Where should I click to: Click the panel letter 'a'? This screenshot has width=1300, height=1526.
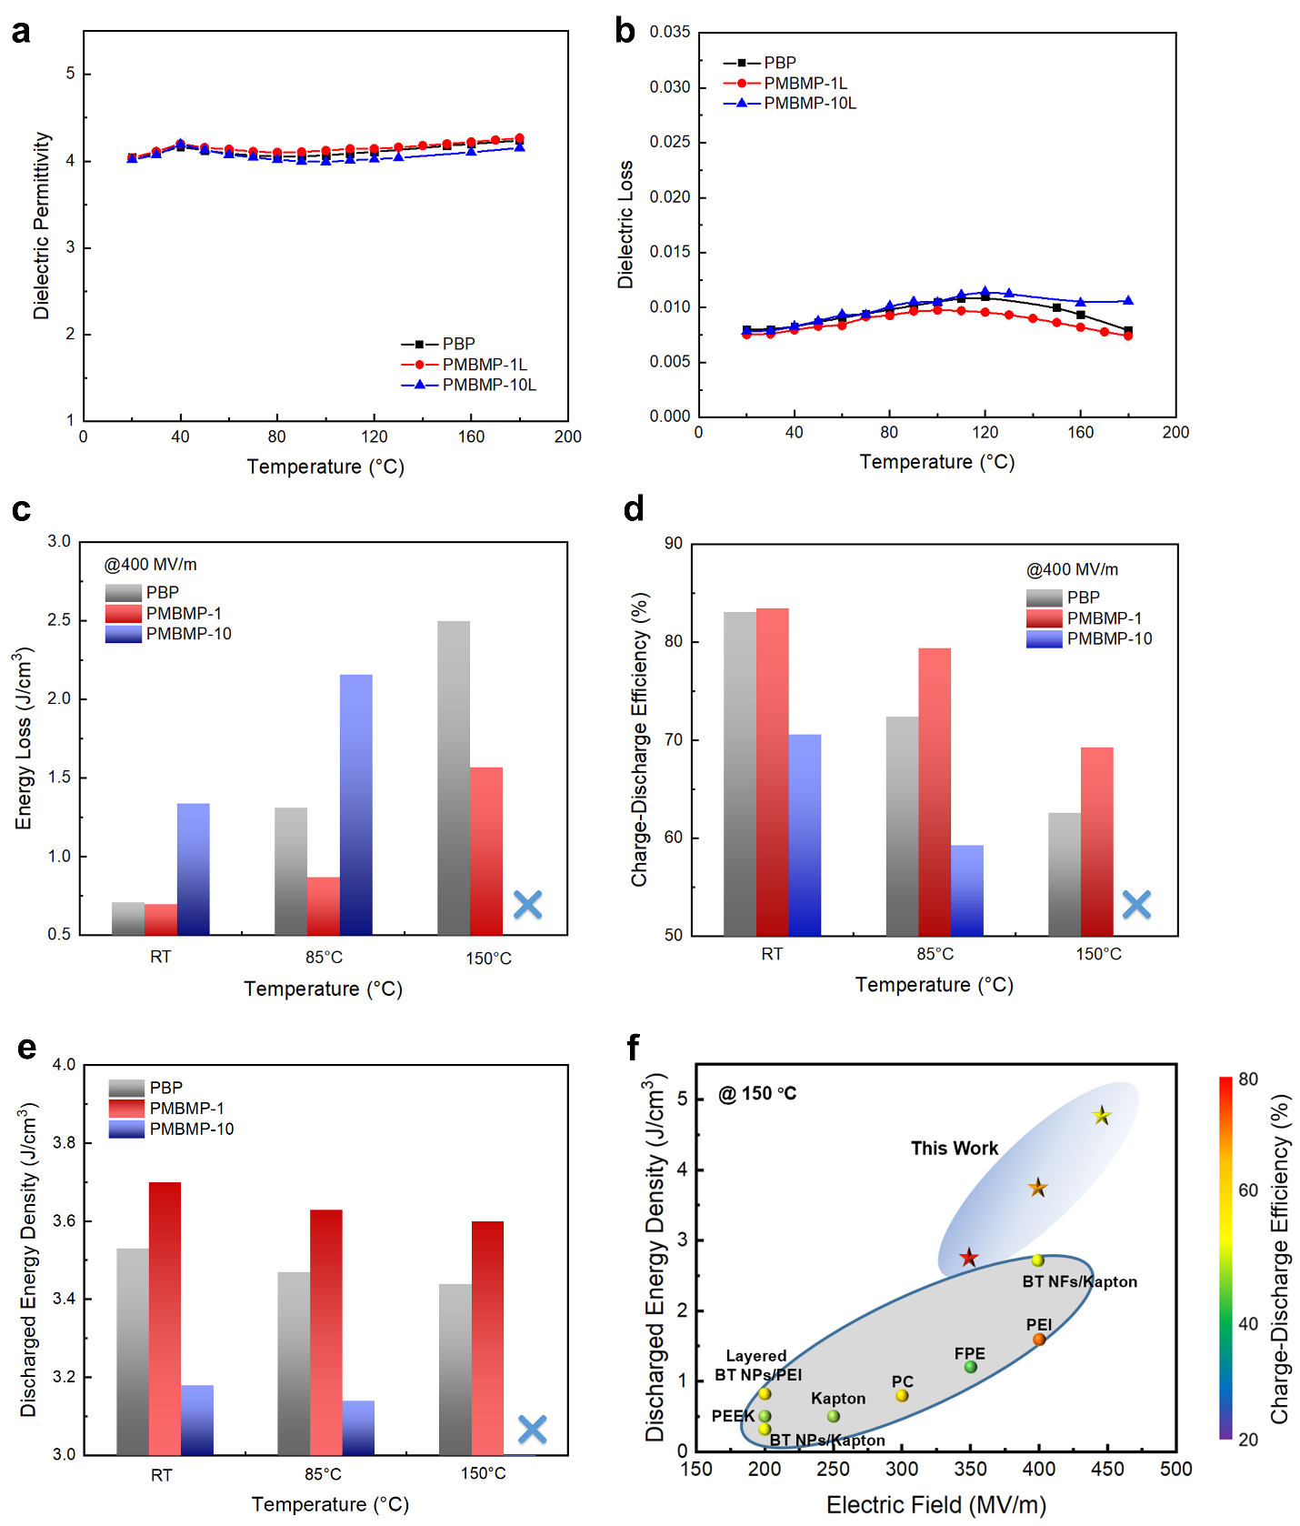[x=20, y=32]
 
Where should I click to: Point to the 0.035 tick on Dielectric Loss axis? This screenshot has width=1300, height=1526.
[x=670, y=33]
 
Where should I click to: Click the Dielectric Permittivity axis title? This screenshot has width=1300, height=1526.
[x=41, y=226]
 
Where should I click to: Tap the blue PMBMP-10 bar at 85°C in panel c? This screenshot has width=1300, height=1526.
[x=355, y=804]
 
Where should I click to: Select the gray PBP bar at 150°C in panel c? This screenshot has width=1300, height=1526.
[x=454, y=778]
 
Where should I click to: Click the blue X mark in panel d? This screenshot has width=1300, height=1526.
[x=1136, y=904]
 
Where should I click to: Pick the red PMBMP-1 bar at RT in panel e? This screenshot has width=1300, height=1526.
[x=165, y=1318]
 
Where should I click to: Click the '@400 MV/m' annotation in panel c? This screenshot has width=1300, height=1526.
[x=150, y=565]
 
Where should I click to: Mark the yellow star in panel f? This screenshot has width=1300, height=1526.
[x=1102, y=1116]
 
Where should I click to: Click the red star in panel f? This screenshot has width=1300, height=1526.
[x=969, y=1258]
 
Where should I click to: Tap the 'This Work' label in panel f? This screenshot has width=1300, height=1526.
[x=955, y=1149]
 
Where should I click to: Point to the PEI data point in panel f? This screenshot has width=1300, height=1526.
[x=1038, y=1339]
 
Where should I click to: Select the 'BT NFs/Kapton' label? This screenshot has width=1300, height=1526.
[x=1079, y=1281]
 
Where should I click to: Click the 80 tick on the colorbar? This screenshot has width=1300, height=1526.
[x=1248, y=1079]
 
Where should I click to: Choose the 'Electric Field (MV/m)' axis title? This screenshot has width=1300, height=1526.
[x=935, y=1505]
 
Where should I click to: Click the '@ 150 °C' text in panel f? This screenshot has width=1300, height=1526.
[x=757, y=1093]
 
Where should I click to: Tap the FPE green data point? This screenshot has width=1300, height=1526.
[x=970, y=1367]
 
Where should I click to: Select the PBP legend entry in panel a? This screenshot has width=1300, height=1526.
[x=438, y=344]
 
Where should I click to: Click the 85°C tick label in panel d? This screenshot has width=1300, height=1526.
[x=935, y=954]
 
